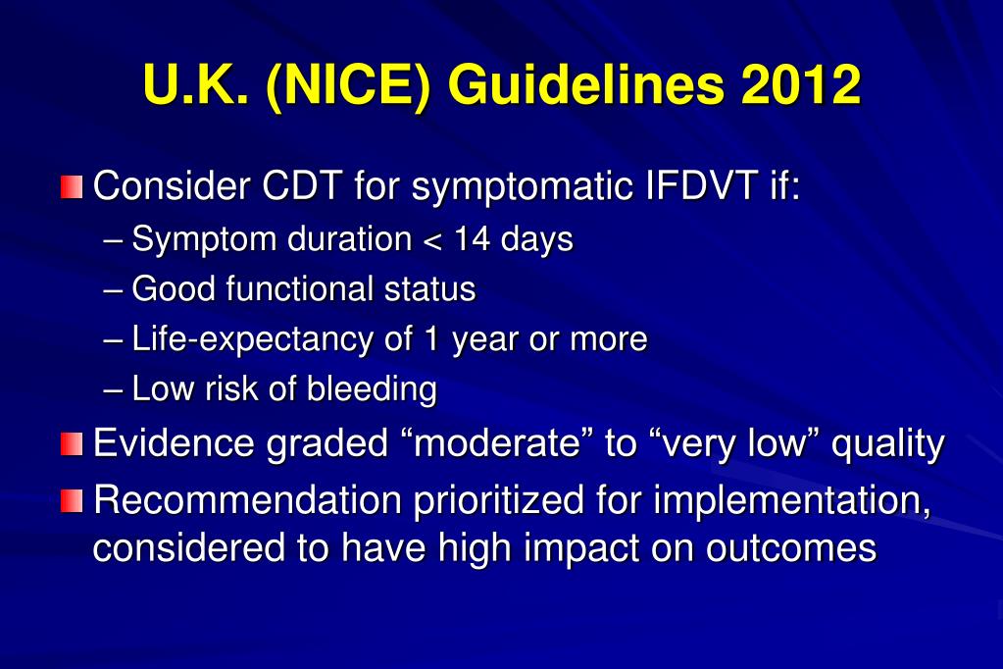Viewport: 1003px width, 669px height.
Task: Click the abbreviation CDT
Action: [301, 185]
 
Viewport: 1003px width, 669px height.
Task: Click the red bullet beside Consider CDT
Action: [72, 186]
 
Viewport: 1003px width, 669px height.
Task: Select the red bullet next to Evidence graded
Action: [72, 444]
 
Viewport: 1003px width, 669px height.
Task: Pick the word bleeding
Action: [372, 389]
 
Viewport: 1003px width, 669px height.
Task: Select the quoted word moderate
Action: [496, 443]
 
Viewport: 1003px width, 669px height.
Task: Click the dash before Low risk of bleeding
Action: [113, 389]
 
